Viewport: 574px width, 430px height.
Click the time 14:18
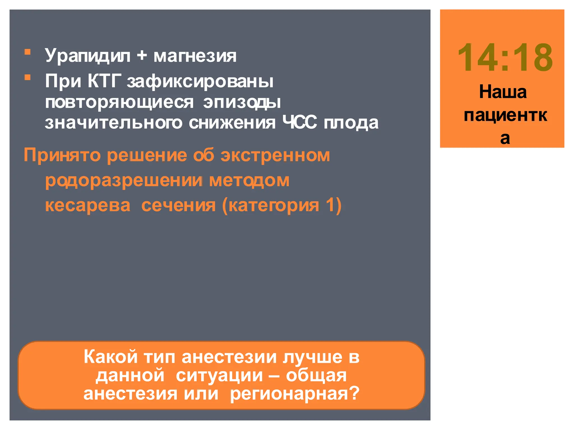point(505,58)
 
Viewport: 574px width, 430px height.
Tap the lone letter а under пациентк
point(505,138)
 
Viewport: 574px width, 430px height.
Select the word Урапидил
point(87,55)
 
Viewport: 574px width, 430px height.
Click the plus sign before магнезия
point(142,55)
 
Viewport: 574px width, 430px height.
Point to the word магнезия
point(195,56)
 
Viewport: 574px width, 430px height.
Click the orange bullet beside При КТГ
point(27,77)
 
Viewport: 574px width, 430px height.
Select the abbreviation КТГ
point(104,81)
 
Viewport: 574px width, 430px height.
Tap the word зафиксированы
point(200,82)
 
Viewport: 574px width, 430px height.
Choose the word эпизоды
point(242,102)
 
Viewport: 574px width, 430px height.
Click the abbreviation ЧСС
point(300,123)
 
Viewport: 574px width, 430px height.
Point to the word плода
point(351,123)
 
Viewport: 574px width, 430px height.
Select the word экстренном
point(275,155)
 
